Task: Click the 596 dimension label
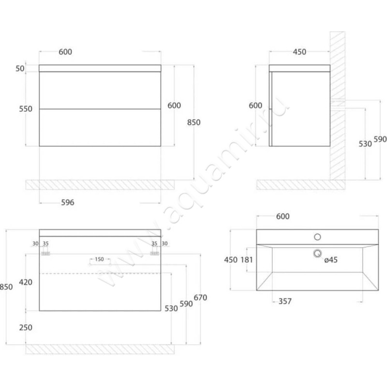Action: point(68,202)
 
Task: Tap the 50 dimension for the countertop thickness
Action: point(20,68)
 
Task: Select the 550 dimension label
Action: point(26,109)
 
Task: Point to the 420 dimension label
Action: point(26,282)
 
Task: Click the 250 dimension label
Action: point(26,327)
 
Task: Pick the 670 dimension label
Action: point(200,298)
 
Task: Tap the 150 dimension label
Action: point(99,259)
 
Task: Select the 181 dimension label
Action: point(247,260)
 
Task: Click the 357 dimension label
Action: point(285,301)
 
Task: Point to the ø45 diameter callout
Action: point(331,260)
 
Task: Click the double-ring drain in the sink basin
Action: point(317,253)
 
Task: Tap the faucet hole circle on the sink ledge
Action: point(317,237)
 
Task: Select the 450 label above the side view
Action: point(299,52)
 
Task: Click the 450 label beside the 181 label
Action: point(231,260)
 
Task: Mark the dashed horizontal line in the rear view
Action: point(100,273)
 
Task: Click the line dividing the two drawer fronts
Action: point(100,109)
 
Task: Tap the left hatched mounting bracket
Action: point(45,253)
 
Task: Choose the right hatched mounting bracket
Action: point(154,253)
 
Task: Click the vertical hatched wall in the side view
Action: point(338,105)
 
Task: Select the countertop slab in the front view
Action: point(100,68)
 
